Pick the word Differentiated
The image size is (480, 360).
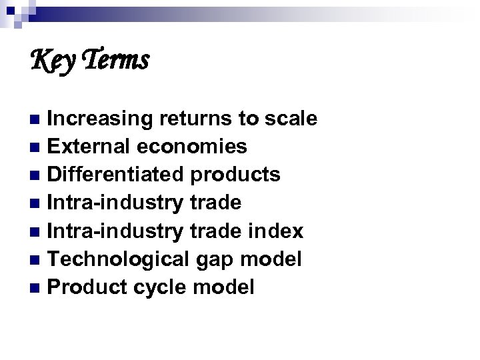(x=117, y=174)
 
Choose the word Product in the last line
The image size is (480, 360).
(x=85, y=287)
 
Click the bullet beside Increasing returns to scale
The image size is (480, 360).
(x=37, y=119)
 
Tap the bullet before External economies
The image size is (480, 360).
(x=37, y=147)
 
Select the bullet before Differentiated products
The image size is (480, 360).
(x=37, y=175)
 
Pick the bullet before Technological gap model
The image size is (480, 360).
(x=37, y=259)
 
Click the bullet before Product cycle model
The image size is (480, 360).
(x=37, y=287)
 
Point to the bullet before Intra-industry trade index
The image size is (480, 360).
(x=37, y=231)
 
